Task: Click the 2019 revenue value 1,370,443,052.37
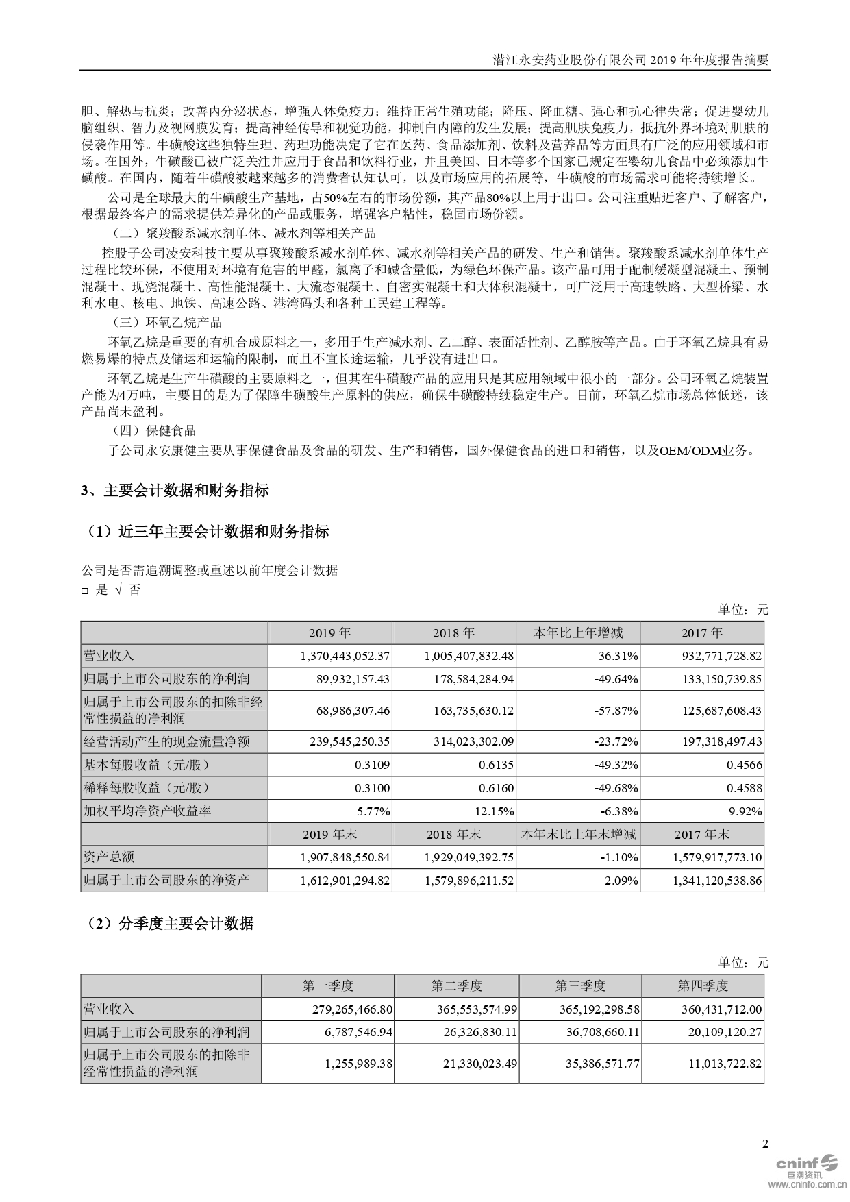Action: coord(345,656)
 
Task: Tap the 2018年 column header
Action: coord(453,633)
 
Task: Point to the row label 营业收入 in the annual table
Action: coord(109,656)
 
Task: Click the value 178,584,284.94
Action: coord(468,679)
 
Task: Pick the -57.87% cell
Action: coord(616,711)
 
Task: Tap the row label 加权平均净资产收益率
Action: coord(147,811)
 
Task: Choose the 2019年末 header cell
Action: coord(330,834)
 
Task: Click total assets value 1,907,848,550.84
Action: coord(345,857)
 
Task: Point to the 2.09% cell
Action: coord(621,881)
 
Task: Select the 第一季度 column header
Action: coord(328,986)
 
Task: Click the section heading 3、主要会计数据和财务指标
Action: coord(175,491)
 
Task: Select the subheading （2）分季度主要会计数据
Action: coord(167,924)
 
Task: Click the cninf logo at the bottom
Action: coord(805,1165)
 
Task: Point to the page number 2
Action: coord(765,1144)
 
